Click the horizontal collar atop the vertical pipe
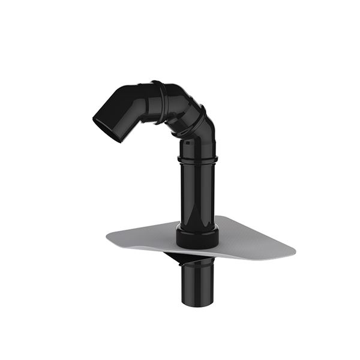click(197, 158)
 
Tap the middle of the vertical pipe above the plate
click(197, 192)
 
